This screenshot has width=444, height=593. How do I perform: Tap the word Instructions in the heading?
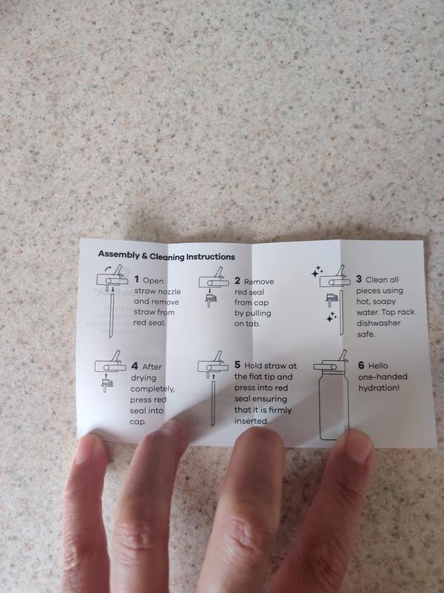(210, 256)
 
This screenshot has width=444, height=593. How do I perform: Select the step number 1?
(137, 279)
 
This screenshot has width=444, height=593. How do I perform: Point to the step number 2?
(237, 281)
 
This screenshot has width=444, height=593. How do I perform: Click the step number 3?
(359, 279)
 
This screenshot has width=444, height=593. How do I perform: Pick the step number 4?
(135, 366)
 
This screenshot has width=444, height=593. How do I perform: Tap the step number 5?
(237, 365)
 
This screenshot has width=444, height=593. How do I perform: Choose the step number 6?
(361, 365)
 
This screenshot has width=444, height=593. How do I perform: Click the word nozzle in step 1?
(169, 291)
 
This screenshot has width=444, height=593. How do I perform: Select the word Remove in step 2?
(259, 282)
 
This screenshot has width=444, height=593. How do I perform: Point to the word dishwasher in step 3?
(378, 323)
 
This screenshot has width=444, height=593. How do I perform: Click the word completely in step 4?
(152, 389)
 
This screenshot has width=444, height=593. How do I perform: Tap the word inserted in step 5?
(251, 421)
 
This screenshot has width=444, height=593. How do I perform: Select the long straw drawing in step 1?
(112, 315)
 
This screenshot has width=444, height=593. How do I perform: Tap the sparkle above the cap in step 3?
(317, 271)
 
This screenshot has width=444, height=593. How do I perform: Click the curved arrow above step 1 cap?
(107, 268)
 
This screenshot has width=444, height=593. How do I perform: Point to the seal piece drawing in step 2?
(211, 300)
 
